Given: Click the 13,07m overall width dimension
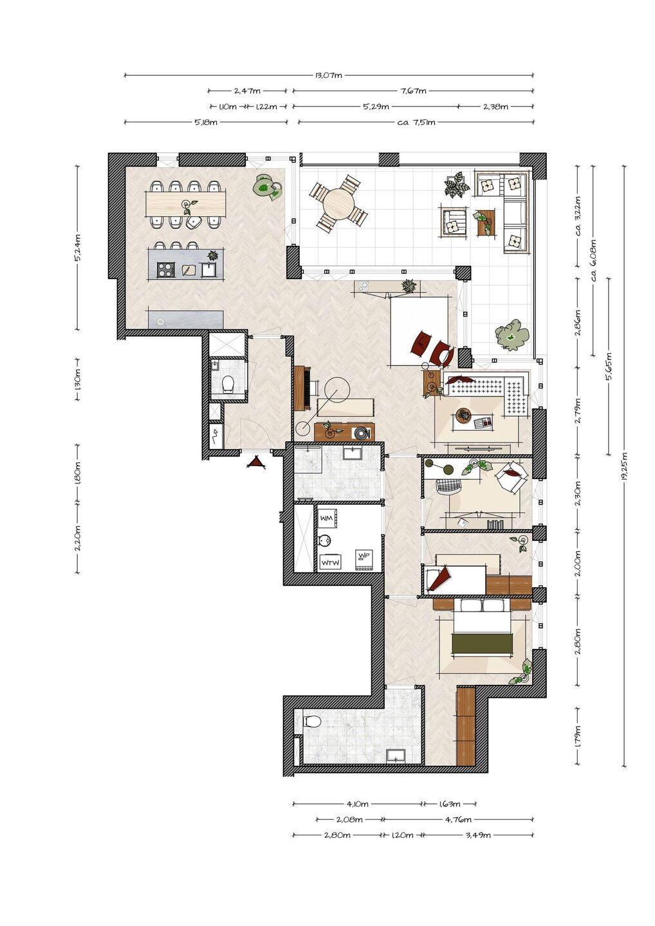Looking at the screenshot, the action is pos(329,75).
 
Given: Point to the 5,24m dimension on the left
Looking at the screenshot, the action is pos(77,248).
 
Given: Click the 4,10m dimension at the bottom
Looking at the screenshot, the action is pos(357,804).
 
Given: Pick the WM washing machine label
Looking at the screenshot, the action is pos(326,518).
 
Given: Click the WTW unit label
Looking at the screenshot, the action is pos(329,563).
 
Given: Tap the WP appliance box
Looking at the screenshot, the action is pos(364,561).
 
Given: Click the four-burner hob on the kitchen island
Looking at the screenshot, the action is pos(165,270).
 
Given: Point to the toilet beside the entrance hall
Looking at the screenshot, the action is pos(228,384).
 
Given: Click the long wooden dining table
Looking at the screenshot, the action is pos(186,204).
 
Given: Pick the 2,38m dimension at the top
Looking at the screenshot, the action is pos(495,107).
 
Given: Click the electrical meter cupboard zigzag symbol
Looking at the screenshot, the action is pos(216,437).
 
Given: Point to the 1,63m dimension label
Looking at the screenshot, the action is pos(449,804).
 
